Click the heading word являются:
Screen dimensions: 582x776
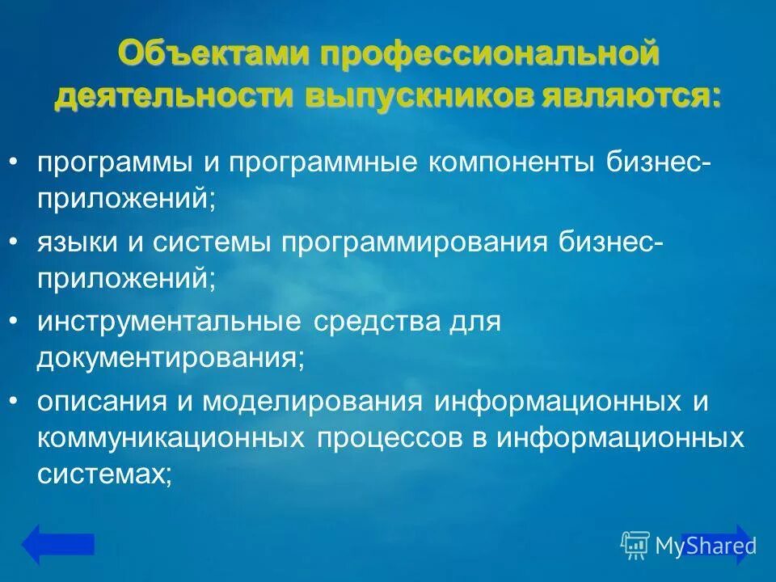(633, 96)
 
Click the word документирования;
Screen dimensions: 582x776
(170, 357)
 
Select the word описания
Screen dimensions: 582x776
(99, 402)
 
